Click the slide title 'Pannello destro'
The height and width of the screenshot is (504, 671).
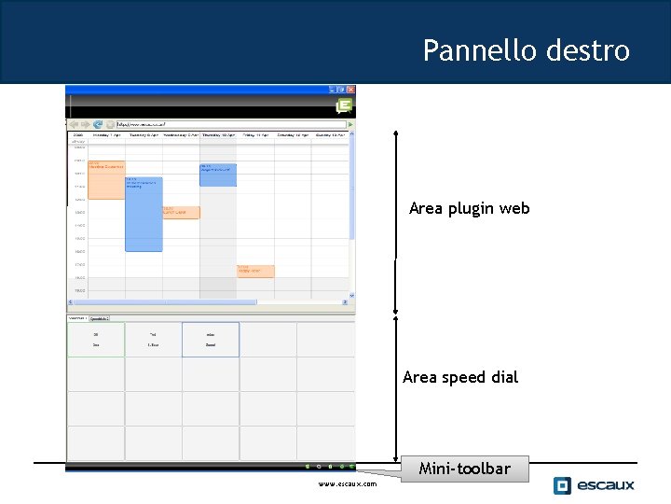tap(526, 49)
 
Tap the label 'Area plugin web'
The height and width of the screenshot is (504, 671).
tap(469, 208)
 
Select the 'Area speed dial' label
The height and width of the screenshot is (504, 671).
tap(460, 377)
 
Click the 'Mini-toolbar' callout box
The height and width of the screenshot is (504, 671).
tap(464, 469)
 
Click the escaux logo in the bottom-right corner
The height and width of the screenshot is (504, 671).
tap(594, 484)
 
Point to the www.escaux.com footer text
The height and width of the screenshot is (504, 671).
tap(347, 483)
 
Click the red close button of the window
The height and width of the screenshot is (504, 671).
tap(351, 90)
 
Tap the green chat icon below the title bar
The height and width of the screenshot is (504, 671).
tap(344, 106)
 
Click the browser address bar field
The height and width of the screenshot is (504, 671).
tap(224, 123)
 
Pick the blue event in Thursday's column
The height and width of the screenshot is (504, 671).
tap(217, 175)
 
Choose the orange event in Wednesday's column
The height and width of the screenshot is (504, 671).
tap(180, 212)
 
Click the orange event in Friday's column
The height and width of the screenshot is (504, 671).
tap(254, 271)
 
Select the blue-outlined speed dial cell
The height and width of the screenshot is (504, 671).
tap(211, 339)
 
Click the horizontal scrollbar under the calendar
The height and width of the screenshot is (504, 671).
tap(163, 302)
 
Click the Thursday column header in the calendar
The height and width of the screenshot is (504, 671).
tap(217, 135)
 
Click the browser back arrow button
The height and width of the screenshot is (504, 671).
tap(75, 123)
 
